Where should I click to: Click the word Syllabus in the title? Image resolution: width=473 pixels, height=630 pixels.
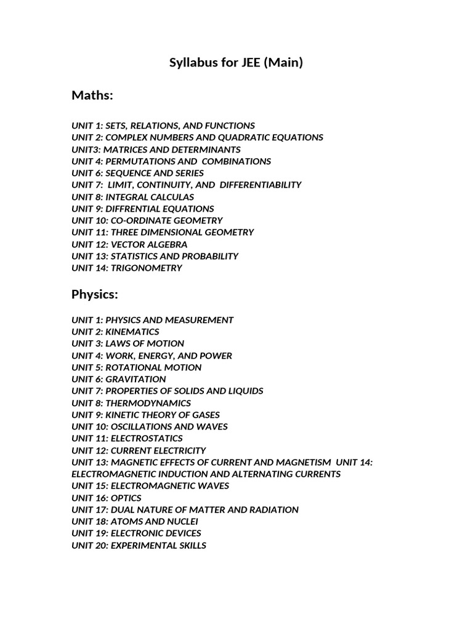(x=193, y=63)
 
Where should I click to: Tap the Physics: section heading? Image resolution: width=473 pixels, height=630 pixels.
(x=94, y=295)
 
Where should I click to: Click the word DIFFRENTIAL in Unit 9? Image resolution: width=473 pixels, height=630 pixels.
(x=131, y=209)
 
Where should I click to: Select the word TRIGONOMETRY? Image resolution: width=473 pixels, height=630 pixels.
(x=147, y=268)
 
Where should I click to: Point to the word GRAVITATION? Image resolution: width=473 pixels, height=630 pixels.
(x=135, y=379)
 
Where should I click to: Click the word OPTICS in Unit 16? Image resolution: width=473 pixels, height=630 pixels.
(x=126, y=498)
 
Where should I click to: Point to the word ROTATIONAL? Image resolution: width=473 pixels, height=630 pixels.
(x=132, y=367)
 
